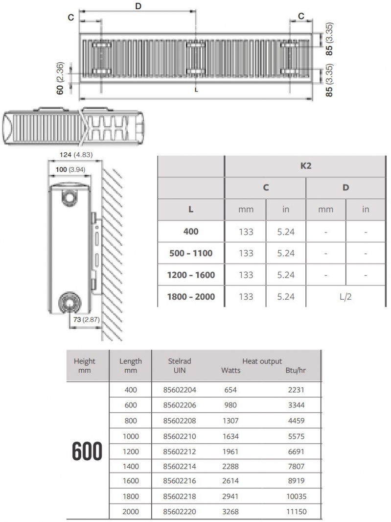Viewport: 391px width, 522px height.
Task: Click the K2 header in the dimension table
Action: pos(305,166)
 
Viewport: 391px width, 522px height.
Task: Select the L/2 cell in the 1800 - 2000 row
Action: pos(345,297)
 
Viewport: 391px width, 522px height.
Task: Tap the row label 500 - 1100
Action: pos(191,253)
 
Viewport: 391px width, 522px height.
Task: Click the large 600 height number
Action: pos(88,451)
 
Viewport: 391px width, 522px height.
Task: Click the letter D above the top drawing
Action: pos(138,6)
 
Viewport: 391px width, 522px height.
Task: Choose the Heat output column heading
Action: pos(262,361)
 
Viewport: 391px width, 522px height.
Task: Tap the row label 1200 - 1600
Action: pos(191,275)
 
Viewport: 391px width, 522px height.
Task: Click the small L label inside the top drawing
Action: pos(196,90)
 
